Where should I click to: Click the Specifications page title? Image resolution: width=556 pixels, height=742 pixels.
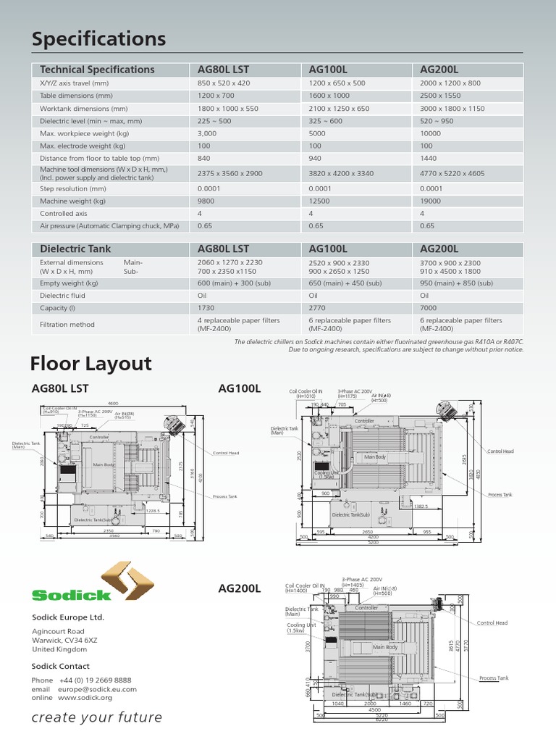tap(98, 38)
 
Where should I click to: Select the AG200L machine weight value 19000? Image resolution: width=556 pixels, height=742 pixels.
tap(431, 201)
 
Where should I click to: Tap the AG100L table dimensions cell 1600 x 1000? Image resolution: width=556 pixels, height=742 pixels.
tap(329, 96)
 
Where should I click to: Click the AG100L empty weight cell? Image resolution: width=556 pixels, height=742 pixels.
tap(339, 283)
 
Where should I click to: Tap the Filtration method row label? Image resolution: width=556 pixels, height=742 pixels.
tap(67, 325)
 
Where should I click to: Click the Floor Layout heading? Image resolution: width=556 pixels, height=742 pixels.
tap(91, 363)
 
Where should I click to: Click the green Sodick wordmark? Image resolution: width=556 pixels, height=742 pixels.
tap(71, 595)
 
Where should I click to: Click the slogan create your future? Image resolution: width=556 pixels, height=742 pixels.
tap(97, 717)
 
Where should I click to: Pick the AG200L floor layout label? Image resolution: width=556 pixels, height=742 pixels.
tap(239, 588)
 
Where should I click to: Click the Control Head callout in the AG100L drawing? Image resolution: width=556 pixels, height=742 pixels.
tap(500, 451)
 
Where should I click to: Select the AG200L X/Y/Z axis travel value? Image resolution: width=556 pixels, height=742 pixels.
tap(450, 83)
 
